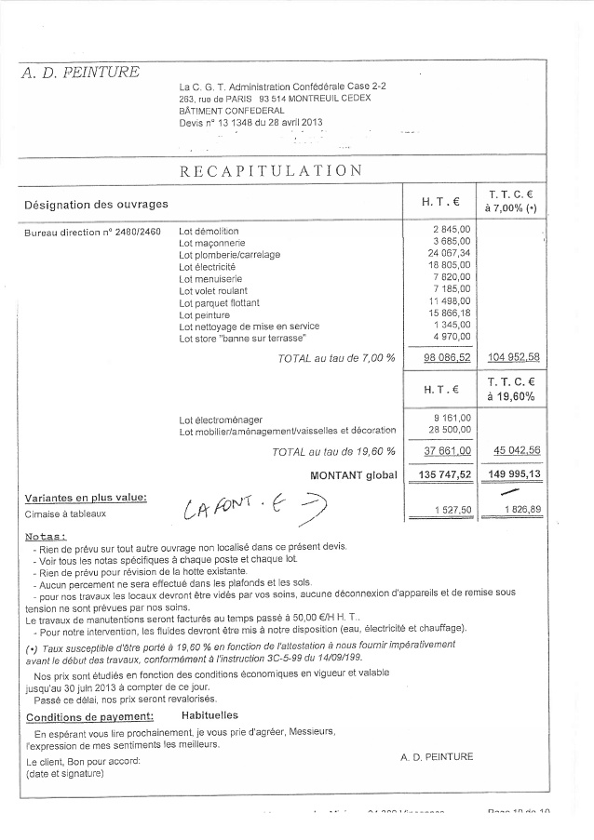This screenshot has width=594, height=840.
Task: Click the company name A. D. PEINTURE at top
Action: (x=80, y=73)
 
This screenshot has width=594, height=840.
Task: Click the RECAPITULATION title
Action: (x=271, y=170)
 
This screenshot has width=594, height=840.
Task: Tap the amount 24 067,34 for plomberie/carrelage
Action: (x=450, y=253)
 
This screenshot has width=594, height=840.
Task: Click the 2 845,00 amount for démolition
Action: (x=452, y=229)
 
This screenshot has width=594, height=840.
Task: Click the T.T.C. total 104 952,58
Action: (x=514, y=357)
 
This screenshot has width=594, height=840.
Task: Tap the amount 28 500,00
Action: (x=450, y=430)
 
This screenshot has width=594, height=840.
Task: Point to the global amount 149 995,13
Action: (x=514, y=474)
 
